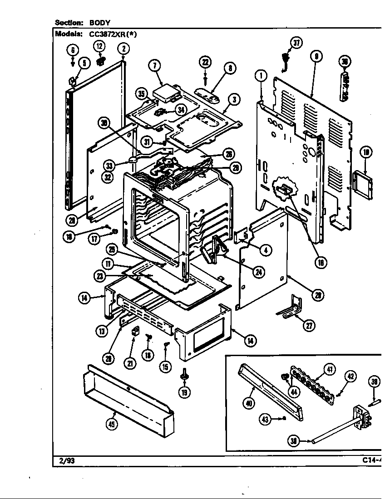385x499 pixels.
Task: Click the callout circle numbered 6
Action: pyautogui.click(x=73, y=50)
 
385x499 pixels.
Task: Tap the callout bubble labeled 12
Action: pyautogui.click(x=99, y=46)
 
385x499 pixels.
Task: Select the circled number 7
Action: pyautogui.click(x=154, y=66)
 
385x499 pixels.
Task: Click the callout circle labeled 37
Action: pyautogui.click(x=296, y=43)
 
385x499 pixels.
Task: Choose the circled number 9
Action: pyautogui.click(x=316, y=56)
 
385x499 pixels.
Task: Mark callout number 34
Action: pyautogui.click(x=181, y=109)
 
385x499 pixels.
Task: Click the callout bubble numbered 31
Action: pyautogui.click(x=147, y=142)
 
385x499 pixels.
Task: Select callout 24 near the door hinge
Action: pyautogui.click(x=258, y=272)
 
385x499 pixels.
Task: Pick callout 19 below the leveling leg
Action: pyautogui.click(x=184, y=392)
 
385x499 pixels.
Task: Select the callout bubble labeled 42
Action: pyautogui.click(x=350, y=376)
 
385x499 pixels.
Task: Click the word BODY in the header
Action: pyautogui.click(x=100, y=22)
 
